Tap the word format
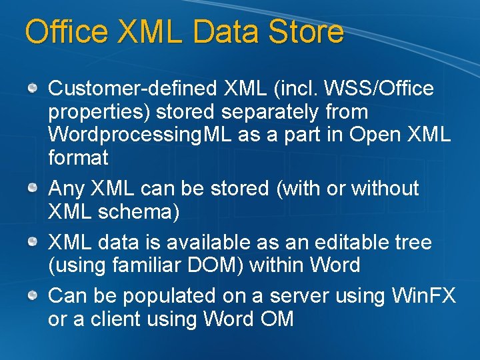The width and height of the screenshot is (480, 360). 78,158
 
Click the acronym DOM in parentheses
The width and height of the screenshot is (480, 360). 220,265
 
